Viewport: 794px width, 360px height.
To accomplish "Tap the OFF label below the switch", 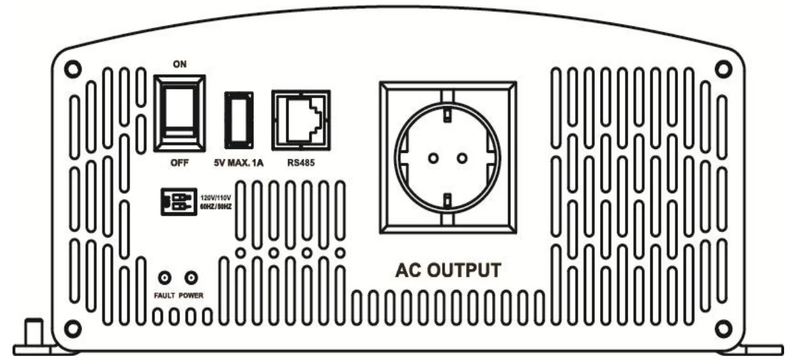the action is [178, 164].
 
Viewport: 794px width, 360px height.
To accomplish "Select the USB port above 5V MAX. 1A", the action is [238, 120].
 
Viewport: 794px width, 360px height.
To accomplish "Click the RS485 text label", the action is [301, 164].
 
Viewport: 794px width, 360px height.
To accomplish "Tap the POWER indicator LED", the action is [192, 278].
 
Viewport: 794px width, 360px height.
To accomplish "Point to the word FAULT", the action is [164, 295].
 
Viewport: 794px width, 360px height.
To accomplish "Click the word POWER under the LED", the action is [192, 295].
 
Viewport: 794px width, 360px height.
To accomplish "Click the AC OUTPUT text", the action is [448, 271].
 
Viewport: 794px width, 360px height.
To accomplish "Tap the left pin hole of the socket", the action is [433, 158].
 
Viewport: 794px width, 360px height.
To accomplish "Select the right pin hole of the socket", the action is [462, 158].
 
